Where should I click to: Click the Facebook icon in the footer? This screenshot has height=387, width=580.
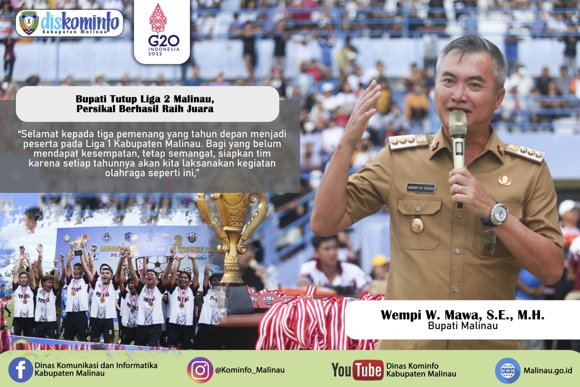pos(20,370)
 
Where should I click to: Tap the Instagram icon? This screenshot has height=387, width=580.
pos(200,370)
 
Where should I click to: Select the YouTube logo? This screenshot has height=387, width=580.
pos(358,370)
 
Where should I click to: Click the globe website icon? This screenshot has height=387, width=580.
pos(507,370)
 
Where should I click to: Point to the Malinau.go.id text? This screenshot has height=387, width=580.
pos(547,370)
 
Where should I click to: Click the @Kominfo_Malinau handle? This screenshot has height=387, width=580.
pos(250,370)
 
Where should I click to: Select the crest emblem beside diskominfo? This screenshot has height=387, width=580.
pos(29,23)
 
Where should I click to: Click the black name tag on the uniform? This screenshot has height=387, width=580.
pos(420,188)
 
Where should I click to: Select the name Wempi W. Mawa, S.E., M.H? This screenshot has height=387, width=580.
pos(462,315)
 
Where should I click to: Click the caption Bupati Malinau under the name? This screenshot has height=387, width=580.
pos(462,326)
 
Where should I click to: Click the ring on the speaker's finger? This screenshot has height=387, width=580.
pos(460,188)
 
